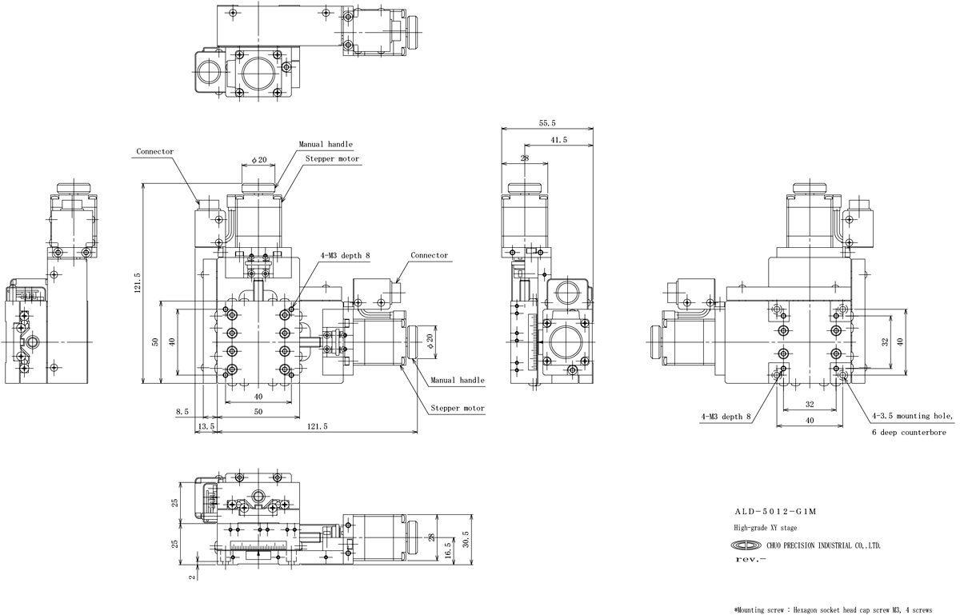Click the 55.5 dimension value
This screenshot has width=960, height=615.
547,123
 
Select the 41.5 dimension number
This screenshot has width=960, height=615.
558,140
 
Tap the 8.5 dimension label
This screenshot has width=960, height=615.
182,411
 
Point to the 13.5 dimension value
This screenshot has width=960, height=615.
206,426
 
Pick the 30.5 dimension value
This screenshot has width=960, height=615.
466,540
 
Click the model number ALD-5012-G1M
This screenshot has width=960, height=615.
776,511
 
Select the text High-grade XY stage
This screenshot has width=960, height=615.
766,528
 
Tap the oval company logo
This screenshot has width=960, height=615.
746,545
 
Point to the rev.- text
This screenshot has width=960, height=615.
750,559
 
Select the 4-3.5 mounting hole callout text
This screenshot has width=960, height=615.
913,416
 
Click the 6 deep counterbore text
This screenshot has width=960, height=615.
909,433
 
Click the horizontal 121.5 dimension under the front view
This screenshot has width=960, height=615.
317,426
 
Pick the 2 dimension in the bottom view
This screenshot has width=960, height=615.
193,577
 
